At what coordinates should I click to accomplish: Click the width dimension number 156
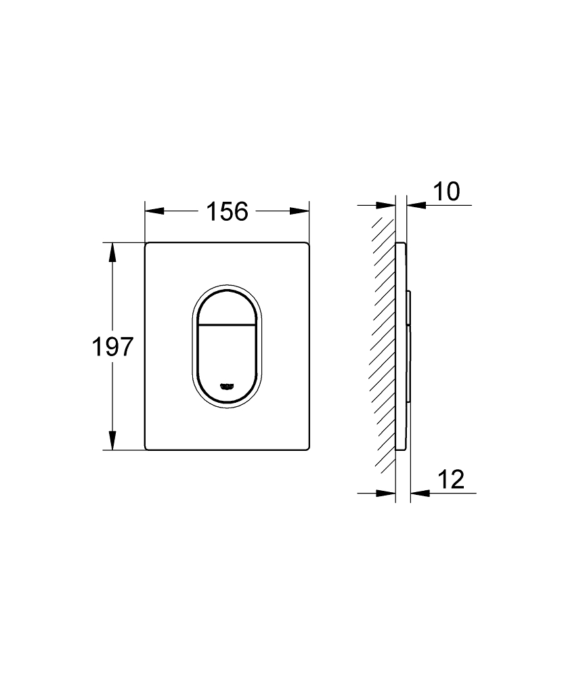(227, 212)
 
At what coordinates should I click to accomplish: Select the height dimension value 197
(112, 347)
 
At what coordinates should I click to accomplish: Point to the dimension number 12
(450, 479)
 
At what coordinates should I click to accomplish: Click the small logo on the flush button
(227, 386)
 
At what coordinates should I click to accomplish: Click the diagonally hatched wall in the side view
(383, 338)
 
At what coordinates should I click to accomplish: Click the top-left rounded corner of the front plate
(148, 244)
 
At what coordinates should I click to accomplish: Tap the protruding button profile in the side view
(410, 345)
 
